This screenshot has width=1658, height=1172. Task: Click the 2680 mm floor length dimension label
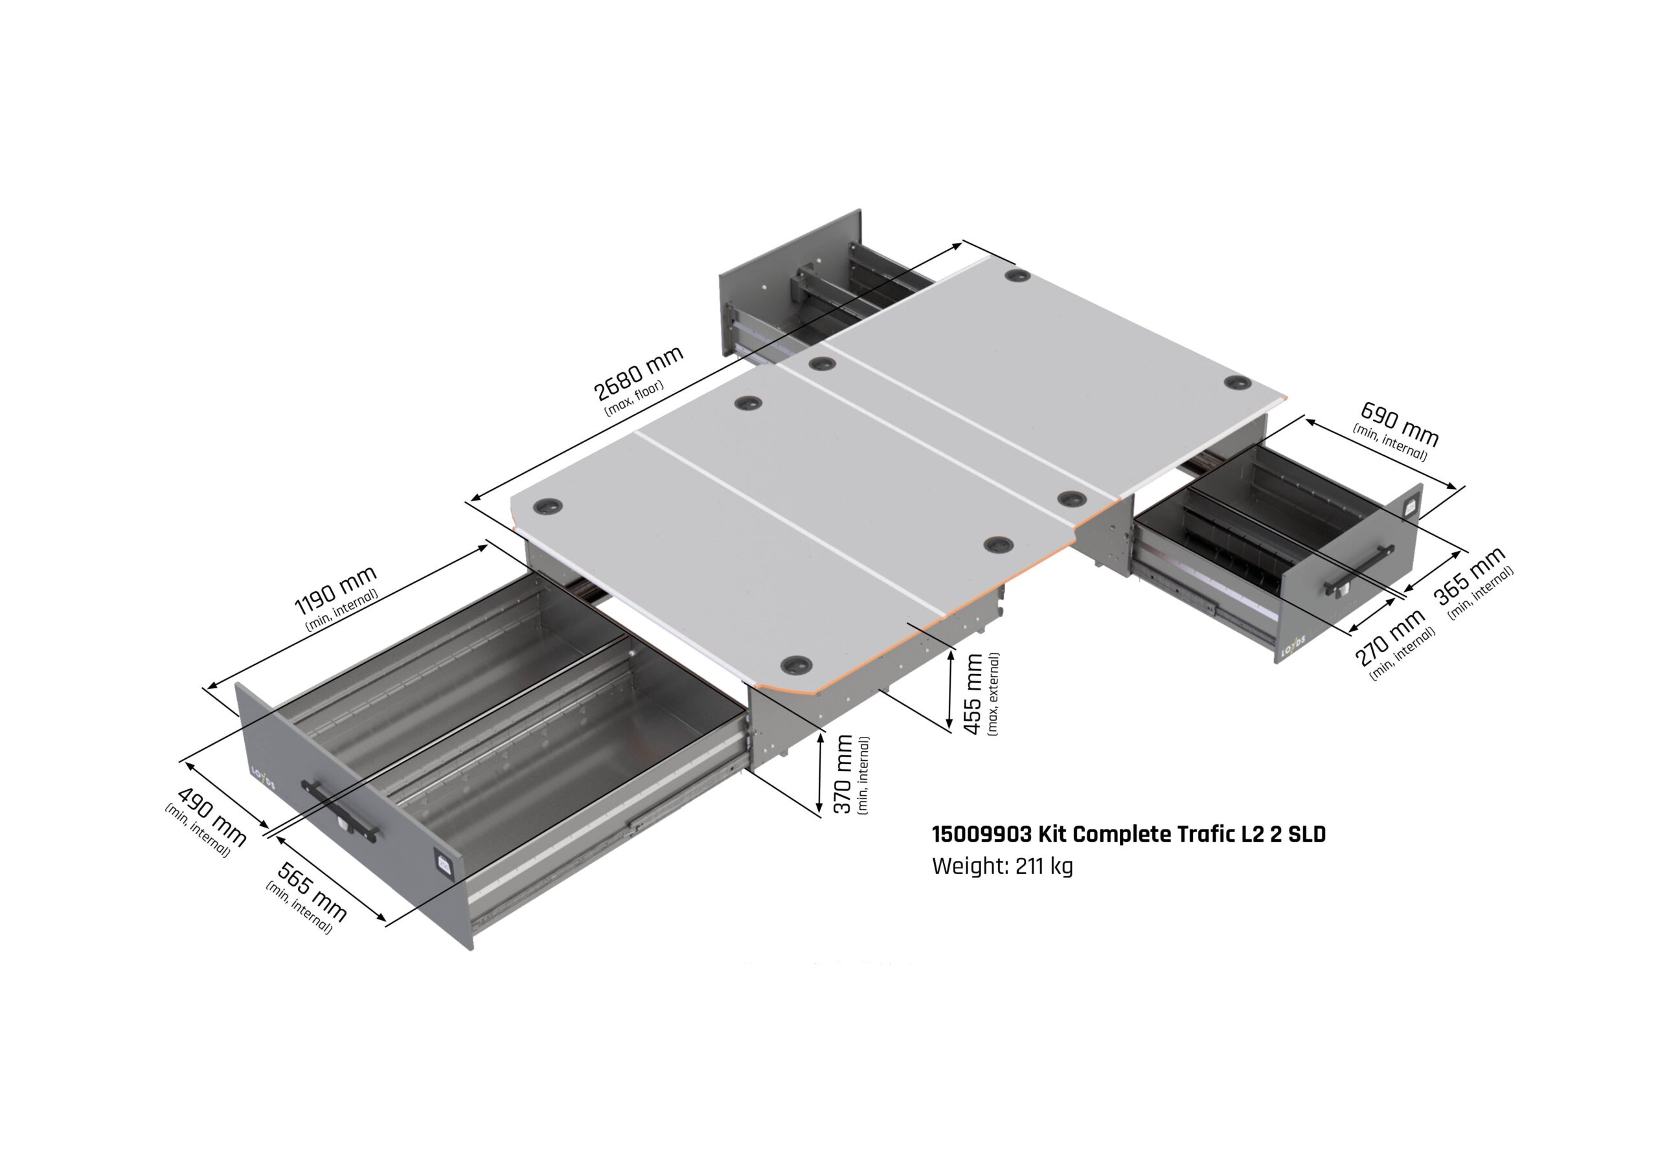coord(638,374)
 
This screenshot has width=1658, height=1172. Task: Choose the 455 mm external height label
coord(973,694)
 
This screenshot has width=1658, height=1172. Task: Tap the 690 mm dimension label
coord(1399,424)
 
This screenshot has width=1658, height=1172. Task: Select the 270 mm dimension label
coord(1390,638)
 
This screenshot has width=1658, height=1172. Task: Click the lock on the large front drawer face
coord(442,863)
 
